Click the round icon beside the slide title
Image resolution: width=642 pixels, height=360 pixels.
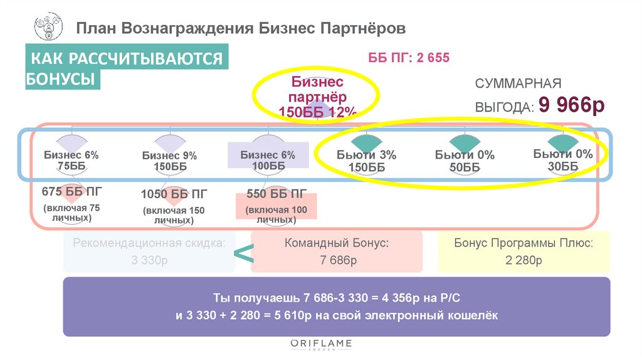(x=48, y=29)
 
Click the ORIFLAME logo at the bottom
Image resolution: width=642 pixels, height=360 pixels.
(x=321, y=344)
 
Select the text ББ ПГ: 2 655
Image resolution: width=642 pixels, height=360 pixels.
(x=409, y=58)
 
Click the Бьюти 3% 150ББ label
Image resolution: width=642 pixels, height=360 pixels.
(x=366, y=161)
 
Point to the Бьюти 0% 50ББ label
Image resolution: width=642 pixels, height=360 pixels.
(x=465, y=161)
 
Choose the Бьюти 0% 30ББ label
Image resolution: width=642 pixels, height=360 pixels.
(x=563, y=160)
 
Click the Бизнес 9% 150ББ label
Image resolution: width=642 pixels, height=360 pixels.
(x=169, y=161)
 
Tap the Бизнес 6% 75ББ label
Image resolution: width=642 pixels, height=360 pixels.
(x=71, y=160)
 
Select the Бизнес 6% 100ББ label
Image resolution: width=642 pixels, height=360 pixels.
(x=268, y=161)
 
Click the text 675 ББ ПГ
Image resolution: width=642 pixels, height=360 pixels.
(x=71, y=191)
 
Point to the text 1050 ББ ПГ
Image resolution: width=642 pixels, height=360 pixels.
(x=171, y=194)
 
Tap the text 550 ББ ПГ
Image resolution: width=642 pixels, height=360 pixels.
(x=276, y=193)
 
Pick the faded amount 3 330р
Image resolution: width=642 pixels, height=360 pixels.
(x=149, y=260)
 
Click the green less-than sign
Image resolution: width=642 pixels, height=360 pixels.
(x=243, y=254)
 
